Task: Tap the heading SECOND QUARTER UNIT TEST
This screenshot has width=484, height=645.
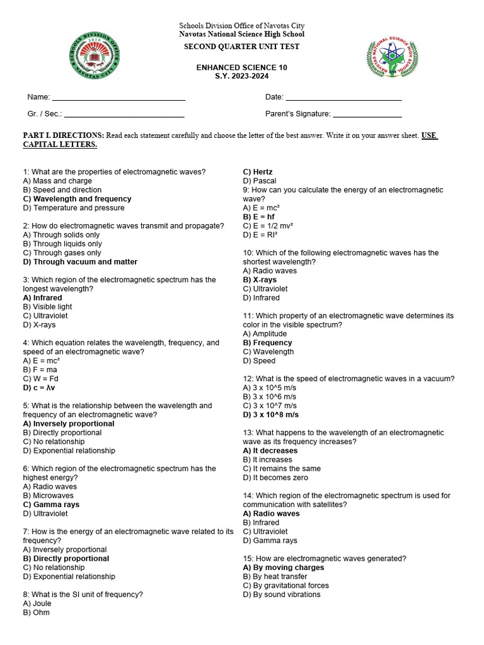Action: pyautogui.click(x=241, y=47)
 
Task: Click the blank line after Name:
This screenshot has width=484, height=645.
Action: pyautogui.click(x=118, y=98)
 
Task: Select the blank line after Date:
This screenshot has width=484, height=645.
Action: pyautogui.click(x=343, y=98)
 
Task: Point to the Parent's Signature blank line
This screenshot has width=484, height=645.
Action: pyautogui.click(x=367, y=115)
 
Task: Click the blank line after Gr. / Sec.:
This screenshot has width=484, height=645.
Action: pyautogui.click(x=124, y=115)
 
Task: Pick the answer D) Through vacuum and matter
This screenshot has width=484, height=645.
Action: pyautogui.click(x=80, y=262)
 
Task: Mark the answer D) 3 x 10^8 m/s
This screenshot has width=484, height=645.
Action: pyautogui.click(x=271, y=415)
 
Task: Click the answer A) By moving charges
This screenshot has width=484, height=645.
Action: pyautogui.click(x=284, y=568)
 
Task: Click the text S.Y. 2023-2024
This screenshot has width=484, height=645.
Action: pyautogui.click(x=241, y=76)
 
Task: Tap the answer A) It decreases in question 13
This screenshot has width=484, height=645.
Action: pyautogui.click(x=270, y=451)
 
